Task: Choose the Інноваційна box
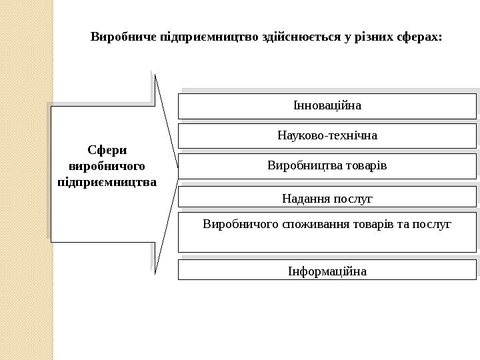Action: click(x=327, y=105)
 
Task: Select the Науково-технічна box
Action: click(x=327, y=135)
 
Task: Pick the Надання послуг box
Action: click(x=327, y=197)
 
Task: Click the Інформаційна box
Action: click(x=327, y=271)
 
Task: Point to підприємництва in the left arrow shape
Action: click(x=107, y=181)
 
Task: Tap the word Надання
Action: click(x=304, y=198)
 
